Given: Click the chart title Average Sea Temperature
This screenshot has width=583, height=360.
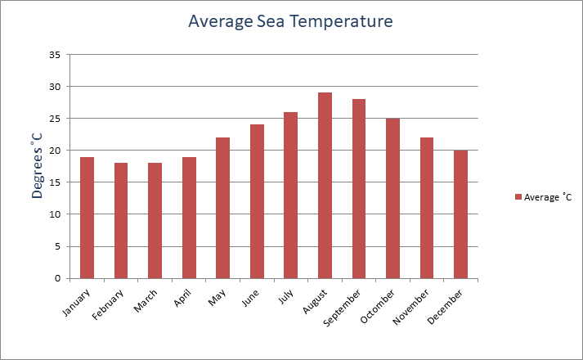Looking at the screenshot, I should click(x=290, y=20).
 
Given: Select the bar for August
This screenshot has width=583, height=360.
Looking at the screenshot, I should click(x=325, y=186).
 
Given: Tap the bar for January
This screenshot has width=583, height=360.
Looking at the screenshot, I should click(x=87, y=218).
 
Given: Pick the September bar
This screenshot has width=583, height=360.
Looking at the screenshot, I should click(x=359, y=189).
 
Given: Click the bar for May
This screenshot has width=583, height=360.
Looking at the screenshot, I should click(x=222, y=208).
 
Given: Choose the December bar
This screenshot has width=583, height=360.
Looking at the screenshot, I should click(x=460, y=214).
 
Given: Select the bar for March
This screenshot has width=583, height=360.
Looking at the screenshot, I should click(x=155, y=221).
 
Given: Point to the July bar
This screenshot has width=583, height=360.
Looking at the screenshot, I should click(x=290, y=196).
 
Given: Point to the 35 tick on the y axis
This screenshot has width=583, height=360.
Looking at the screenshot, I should click(x=55, y=55).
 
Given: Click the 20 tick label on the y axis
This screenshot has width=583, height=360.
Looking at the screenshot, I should click(x=55, y=151).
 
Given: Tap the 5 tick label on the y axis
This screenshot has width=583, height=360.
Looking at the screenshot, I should click(x=57, y=246).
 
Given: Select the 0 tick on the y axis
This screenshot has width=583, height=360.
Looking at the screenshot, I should click(x=57, y=278).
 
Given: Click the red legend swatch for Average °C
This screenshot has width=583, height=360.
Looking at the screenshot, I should click(x=518, y=197).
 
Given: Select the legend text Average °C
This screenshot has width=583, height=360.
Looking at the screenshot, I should click(x=549, y=197).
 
